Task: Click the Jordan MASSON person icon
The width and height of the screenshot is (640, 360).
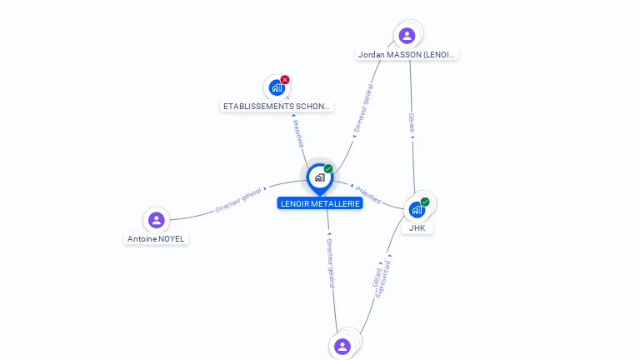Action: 407,35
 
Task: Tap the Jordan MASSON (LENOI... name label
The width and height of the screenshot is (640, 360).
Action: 407,55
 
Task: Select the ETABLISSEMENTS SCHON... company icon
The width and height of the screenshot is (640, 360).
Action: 276,87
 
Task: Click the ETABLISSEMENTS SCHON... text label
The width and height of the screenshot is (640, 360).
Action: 277,107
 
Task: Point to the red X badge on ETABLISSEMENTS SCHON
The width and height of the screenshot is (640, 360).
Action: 285,80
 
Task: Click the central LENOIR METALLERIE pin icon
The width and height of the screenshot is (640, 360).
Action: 319,177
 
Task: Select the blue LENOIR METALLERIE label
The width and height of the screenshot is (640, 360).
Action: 320,203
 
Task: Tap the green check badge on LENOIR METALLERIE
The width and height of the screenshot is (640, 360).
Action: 328,169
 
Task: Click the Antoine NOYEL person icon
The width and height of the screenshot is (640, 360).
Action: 156,220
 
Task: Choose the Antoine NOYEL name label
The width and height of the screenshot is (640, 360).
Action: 157,238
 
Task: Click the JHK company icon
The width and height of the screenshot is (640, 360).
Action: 417,209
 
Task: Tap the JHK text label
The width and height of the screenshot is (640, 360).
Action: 417,227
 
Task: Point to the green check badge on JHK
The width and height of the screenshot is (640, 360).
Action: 425,202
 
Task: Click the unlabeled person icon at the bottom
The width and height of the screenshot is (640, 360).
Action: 342,346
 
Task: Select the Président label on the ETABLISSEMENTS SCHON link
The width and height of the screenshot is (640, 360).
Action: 298,132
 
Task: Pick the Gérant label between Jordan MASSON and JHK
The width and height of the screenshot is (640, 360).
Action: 411,123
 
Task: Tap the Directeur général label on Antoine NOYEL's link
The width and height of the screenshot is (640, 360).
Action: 239,200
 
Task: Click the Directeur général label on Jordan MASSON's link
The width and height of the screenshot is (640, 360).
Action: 363,108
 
